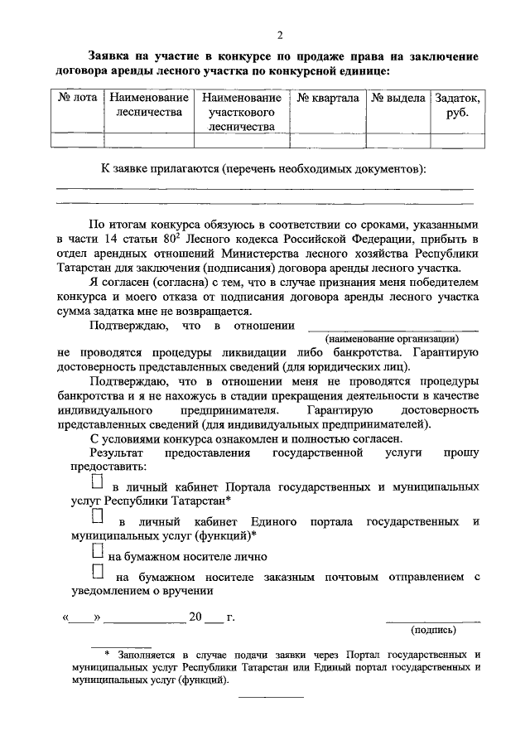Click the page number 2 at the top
pos(281,34)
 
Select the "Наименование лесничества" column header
pos(149,105)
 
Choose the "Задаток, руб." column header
pos(456,105)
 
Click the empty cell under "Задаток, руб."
pos(456,140)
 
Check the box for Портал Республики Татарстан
pos(98,481)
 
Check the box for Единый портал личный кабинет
pos(98,517)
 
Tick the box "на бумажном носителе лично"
pos(98,550)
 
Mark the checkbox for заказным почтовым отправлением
pos(98,571)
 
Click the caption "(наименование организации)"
pos(392,339)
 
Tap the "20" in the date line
pos(195,618)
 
